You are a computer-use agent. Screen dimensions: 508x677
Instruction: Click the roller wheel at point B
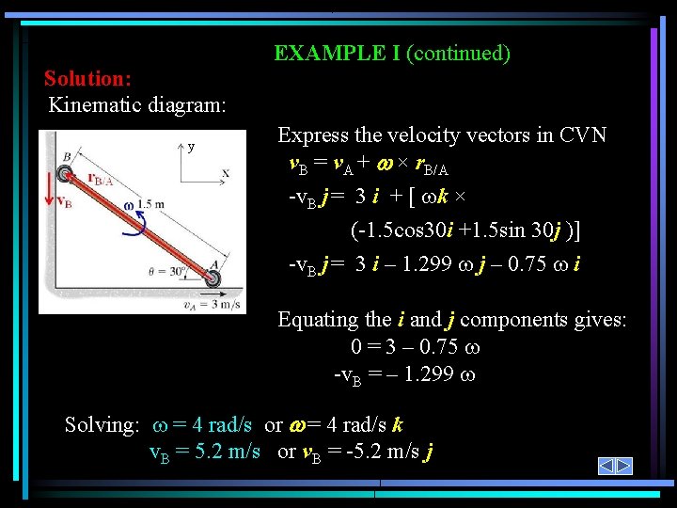[x=65, y=174]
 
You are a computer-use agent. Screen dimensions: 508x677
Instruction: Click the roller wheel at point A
[x=213, y=278]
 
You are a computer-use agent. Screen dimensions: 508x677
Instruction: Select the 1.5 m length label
[x=150, y=204]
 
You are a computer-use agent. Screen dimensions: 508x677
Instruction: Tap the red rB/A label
[x=101, y=180]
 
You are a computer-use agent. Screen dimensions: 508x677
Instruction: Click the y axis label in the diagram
[x=191, y=147]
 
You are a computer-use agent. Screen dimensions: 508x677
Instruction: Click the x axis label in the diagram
[x=226, y=172]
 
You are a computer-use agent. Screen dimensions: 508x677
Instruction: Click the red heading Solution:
[x=87, y=77]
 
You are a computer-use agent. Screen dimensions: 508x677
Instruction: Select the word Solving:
[x=102, y=424]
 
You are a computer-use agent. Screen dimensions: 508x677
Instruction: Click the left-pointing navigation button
[x=606, y=467]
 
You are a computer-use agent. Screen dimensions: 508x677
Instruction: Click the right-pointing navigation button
[x=624, y=467]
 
